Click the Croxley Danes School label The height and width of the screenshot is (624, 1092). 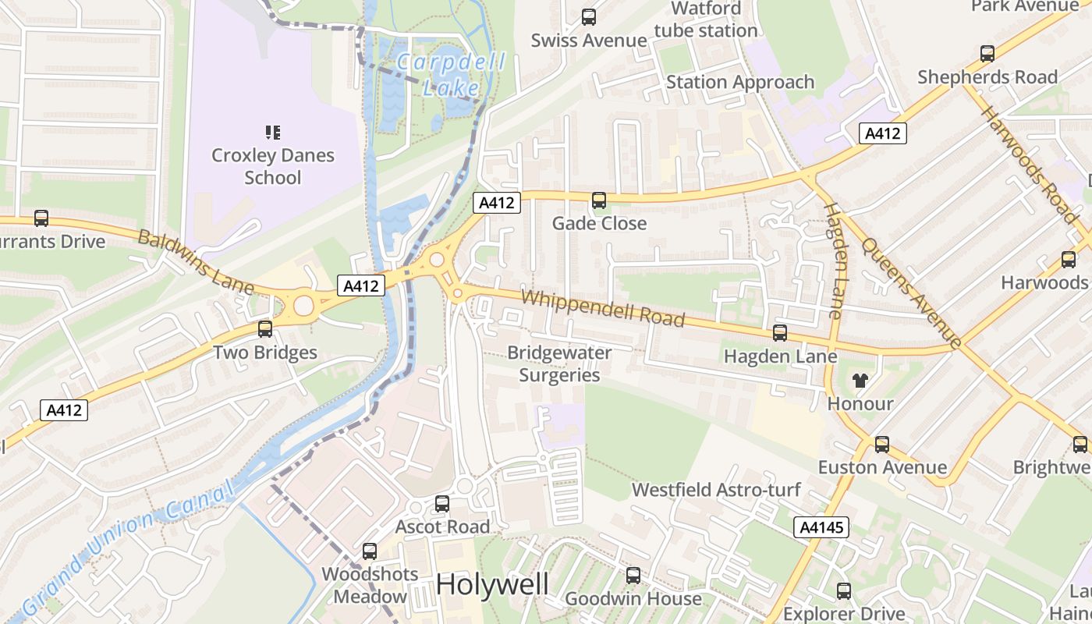point(273,166)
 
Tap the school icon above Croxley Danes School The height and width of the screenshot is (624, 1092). point(272,133)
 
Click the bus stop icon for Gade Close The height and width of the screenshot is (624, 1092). point(599,200)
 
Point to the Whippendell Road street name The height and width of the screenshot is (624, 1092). point(602,309)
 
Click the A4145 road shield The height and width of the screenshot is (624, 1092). point(822,528)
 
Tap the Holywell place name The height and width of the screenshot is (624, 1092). point(492,584)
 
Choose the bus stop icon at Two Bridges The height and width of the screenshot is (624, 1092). point(265,329)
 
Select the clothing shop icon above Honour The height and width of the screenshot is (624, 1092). point(860,381)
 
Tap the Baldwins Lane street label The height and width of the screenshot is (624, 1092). point(196,262)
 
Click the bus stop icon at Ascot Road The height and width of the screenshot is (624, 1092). point(442,504)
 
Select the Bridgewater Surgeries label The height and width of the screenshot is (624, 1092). point(559,363)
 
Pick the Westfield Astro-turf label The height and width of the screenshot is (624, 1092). point(716,490)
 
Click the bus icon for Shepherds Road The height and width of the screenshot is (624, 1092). point(987,54)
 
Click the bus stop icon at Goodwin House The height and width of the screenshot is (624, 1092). point(633,576)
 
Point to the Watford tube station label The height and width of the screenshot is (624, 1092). point(706,19)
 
